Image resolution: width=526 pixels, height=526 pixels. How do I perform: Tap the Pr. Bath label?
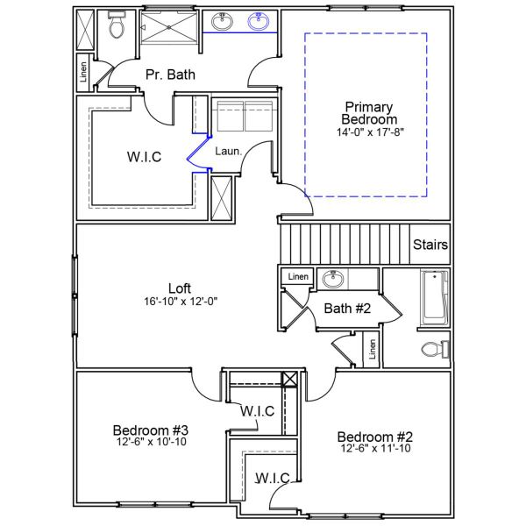pyautogui.click(x=170, y=75)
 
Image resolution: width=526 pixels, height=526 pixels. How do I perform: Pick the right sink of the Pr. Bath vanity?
pyautogui.click(x=259, y=22)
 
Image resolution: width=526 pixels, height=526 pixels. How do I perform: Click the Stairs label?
pyautogui.click(x=430, y=245)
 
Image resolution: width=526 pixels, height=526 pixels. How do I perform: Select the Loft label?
pyautogui.click(x=180, y=288)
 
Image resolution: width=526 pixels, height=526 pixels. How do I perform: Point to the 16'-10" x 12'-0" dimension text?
pyautogui.click(x=180, y=301)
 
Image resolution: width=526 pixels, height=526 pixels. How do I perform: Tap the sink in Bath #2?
pyautogui.click(x=333, y=280)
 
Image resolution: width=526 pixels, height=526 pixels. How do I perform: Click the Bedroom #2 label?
pyautogui.click(x=374, y=437)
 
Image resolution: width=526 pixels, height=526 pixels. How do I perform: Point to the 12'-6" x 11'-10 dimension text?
pyautogui.click(x=374, y=449)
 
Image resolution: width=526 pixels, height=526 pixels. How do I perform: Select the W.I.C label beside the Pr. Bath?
pyautogui.click(x=144, y=158)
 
